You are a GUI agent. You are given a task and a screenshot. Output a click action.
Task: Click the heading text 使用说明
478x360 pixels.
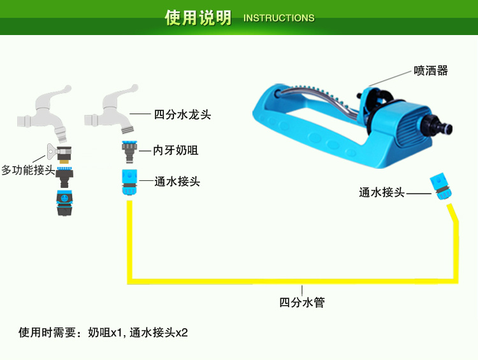198,17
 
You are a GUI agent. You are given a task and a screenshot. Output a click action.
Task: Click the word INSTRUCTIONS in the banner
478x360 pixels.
279,18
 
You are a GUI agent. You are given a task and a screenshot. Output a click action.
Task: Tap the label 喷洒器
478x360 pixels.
431,71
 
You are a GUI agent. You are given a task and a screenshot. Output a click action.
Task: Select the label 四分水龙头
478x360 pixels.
182,115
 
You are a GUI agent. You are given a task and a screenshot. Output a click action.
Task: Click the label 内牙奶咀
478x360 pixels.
176,150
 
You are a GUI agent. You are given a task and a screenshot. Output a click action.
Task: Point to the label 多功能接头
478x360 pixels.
28,169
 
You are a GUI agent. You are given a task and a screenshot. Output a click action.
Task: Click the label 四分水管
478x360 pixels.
302,303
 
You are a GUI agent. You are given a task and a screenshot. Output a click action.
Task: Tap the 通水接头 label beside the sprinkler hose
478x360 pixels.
382,192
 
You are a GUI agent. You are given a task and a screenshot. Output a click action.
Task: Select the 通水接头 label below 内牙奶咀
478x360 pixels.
177,182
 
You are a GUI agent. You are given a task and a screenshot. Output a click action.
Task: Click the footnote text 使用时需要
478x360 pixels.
47,332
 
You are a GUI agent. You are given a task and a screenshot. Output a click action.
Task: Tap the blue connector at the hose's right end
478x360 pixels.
441,187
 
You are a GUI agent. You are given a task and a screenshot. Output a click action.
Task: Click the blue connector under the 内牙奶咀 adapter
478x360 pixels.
129,182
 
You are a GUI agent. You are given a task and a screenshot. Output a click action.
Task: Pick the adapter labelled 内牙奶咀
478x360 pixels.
129,152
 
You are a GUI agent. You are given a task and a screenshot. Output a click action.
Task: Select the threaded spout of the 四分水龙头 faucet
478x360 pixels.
127,128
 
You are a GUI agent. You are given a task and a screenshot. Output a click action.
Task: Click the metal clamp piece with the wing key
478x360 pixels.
59,153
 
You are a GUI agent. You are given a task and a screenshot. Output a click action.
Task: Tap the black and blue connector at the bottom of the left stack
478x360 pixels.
64,203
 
